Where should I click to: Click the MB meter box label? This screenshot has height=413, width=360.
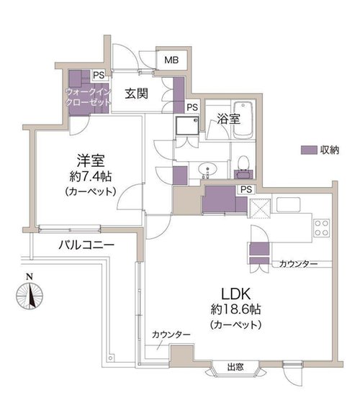click(x=171, y=60)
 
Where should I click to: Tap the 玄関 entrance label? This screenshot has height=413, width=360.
click(x=137, y=94)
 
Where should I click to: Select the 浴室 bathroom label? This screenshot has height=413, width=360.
click(x=228, y=119)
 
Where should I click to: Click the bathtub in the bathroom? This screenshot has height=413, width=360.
click(x=243, y=120)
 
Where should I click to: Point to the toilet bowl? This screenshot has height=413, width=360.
click(x=243, y=163)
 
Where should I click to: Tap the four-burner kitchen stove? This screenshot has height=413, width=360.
click(x=322, y=228)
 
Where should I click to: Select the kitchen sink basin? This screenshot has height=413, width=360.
click(x=288, y=204)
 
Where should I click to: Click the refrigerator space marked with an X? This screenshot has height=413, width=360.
click(x=259, y=209)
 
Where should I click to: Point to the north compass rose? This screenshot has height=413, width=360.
click(x=30, y=295)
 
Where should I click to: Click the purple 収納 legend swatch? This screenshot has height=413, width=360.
click(x=309, y=150)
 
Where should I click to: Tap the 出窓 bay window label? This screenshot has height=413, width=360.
click(x=235, y=367)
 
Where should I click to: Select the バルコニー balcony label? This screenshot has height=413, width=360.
click(x=86, y=245)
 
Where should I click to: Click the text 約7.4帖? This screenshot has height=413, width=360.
click(x=91, y=176)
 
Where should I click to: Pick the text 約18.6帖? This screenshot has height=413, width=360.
click(x=236, y=309)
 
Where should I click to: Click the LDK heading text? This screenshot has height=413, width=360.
click(x=235, y=294)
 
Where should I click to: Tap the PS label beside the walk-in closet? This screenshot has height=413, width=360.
click(x=99, y=76)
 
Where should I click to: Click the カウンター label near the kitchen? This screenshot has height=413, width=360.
click(x=298, y=263)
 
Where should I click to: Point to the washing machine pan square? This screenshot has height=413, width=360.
click(x=187, y=126)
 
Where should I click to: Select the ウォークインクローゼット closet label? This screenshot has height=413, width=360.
click(x=88, y=96)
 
